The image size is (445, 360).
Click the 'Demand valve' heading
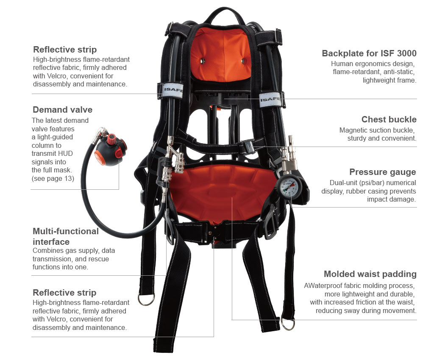[62, 110]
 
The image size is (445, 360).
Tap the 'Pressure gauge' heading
[383, 172]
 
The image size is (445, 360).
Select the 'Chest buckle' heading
[389, 119]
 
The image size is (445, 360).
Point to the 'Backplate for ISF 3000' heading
[369, 53]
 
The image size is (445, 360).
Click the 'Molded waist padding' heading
[370, 274]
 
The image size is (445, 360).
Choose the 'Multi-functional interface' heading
[66, 236]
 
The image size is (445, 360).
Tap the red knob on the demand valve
[111, 139]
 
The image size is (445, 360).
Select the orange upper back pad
[221, 54]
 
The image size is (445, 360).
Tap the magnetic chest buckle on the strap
[249, 146]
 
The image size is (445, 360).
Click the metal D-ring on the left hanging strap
[146, 300]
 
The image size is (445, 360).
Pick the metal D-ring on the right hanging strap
[288, 324]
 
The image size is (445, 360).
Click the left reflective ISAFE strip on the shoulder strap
[170, 91]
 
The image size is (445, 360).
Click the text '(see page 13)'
[53, 178]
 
